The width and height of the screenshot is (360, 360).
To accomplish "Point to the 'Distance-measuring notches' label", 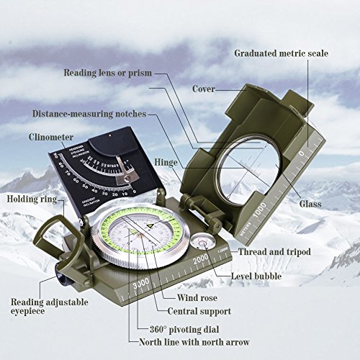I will click(x=89, y=114).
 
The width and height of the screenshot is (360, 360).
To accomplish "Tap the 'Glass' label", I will click(x=322, y=204).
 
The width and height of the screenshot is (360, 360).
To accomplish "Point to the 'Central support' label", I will click(x=199, y=312).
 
